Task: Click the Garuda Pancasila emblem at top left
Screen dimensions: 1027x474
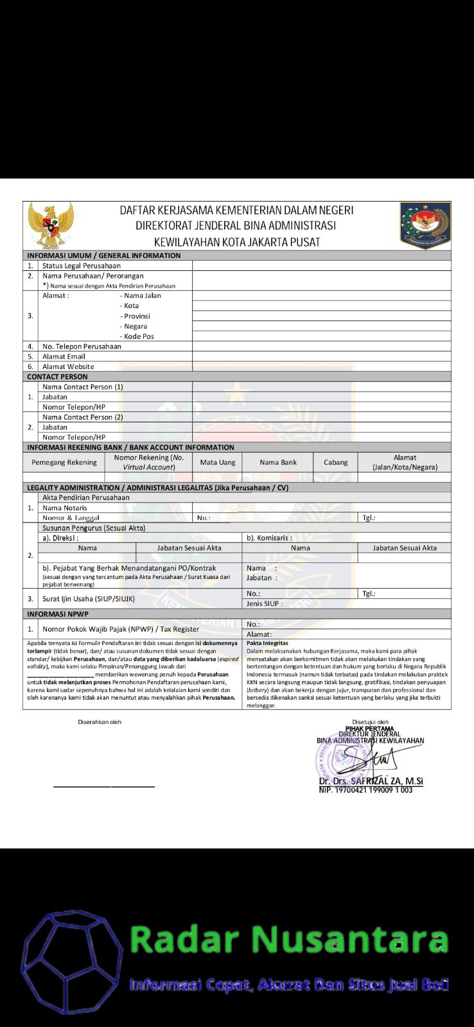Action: tap(51, 225)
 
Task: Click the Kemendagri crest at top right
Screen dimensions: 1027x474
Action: tap(425, 225)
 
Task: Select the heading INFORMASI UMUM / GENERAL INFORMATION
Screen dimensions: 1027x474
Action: tap(103, 255)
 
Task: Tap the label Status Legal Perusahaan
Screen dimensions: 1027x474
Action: tap(81, 266)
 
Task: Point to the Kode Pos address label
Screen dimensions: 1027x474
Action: tap(139, 336)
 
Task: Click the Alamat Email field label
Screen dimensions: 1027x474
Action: tap(64, 356)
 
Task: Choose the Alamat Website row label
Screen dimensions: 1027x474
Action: tap(68, 367)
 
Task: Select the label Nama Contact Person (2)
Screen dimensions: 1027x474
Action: tap(82, 417)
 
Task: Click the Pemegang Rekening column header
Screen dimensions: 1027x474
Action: tap(64, 462)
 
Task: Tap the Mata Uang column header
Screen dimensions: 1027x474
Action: tap(218, 462)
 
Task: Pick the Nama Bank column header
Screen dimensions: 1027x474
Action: tap(278, 462)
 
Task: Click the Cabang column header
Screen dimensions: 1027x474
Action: tap(335, 462)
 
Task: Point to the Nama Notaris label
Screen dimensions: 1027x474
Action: tap(64, 508)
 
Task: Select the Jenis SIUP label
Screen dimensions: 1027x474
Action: tap(264, 604)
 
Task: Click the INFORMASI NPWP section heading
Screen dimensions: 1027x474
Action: tap(58, 614)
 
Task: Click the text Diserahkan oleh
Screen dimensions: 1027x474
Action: tap(100, 722)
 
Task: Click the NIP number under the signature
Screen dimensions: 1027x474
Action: tap(365, 790)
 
